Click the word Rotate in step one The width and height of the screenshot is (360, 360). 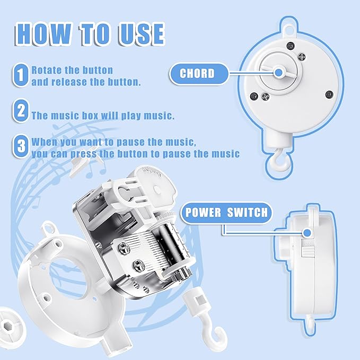45,70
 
